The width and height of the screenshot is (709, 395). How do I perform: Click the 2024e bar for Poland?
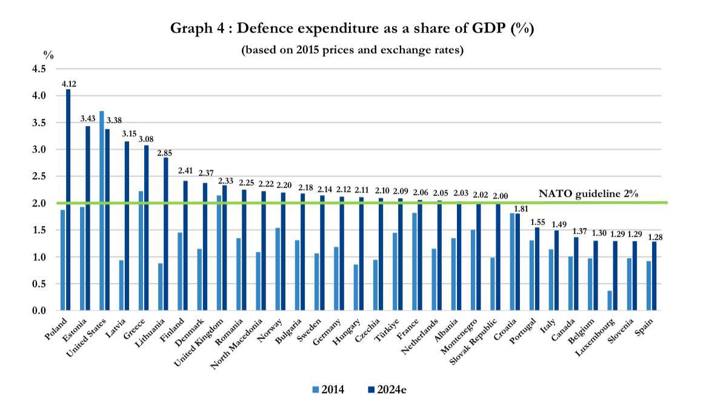(x=68, y=200)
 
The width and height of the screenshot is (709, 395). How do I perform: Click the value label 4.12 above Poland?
(x=68, y=84)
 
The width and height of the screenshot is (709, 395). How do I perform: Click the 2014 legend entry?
(x=328, y=389)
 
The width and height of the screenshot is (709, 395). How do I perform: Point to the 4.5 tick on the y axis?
(x=38, y=68)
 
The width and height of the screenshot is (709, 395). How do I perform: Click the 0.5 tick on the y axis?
(x=38, y=284)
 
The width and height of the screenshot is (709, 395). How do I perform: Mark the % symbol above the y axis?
(x=48, y=55)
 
